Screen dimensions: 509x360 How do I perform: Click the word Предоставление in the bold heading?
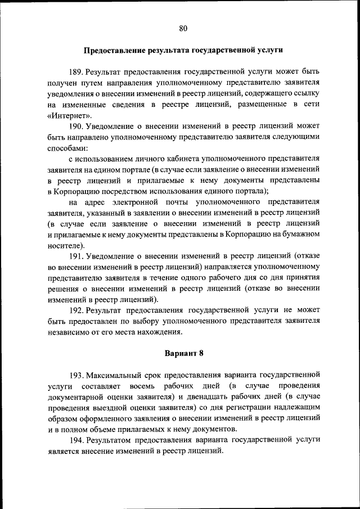coord(115,49)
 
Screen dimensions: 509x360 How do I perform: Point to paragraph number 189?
coord(76,72)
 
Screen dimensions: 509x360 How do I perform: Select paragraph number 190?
coord(76,125)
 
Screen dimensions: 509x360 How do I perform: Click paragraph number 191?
coord(76,256)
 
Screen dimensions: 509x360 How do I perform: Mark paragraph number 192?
coord(76,310)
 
